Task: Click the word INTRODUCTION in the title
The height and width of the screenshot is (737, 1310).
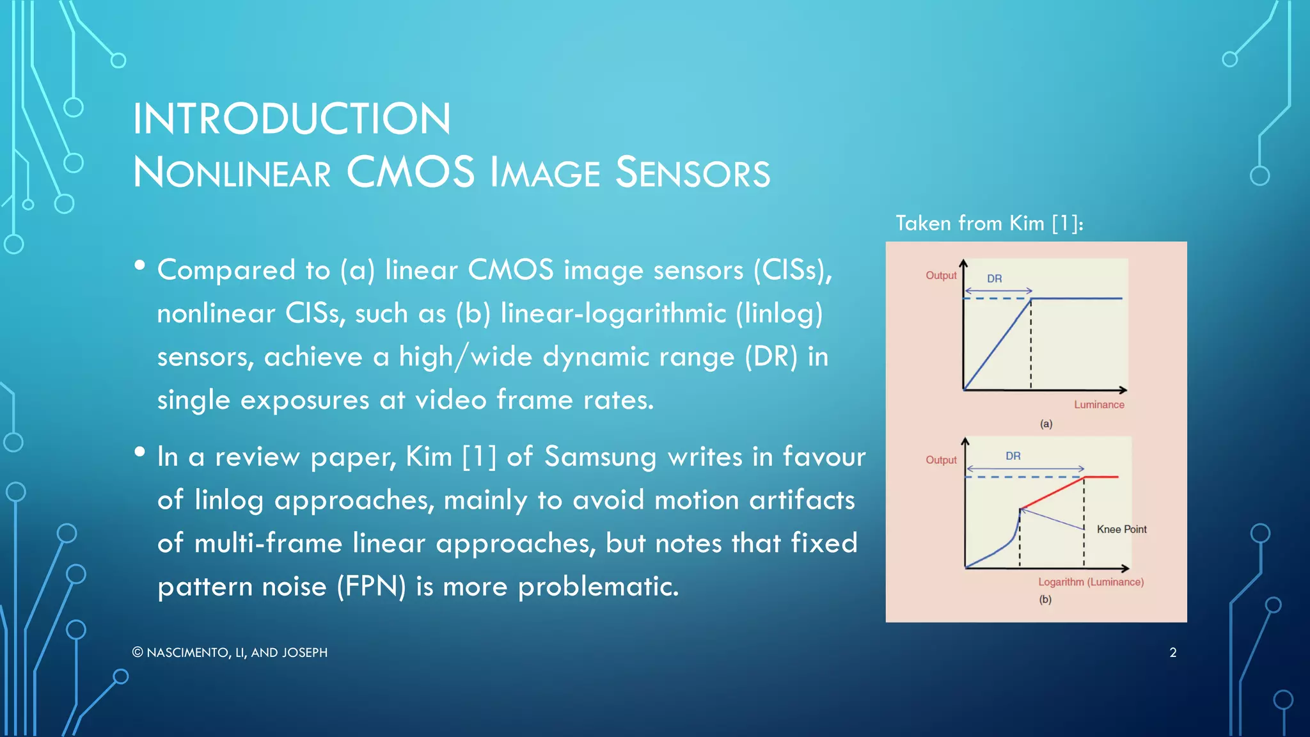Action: pos(292,119)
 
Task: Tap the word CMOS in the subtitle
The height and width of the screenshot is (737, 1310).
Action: pos(411,173)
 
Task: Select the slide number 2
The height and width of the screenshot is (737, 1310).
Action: pos(1172,653)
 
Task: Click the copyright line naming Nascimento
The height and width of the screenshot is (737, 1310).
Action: pos(230,653)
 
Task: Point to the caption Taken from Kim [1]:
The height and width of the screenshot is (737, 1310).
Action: pos(989,223)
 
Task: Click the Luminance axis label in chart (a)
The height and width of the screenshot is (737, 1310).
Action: pos(1099,404)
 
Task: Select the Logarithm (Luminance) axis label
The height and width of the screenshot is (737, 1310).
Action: pos(1091,582)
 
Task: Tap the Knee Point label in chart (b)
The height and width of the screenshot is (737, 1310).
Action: pos(1121,529)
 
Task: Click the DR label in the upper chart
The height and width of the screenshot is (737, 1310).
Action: pos(994,278)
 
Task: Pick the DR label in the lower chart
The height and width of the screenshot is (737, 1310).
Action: pos(1013,456)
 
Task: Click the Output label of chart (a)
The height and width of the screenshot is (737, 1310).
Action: pos(941,275)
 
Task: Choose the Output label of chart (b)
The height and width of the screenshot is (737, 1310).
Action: pos(941,460)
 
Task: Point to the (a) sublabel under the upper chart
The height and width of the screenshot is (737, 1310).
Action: pos(1046,424)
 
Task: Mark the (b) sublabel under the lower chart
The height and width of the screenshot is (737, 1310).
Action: pos(1045,599)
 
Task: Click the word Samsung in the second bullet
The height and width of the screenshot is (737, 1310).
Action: pos(600,457)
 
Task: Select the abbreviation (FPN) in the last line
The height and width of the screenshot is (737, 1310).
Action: pos(372,586)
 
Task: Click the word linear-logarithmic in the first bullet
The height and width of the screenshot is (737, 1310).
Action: pos(613,313)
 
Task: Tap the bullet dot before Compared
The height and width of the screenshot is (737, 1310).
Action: pos(139,265)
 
